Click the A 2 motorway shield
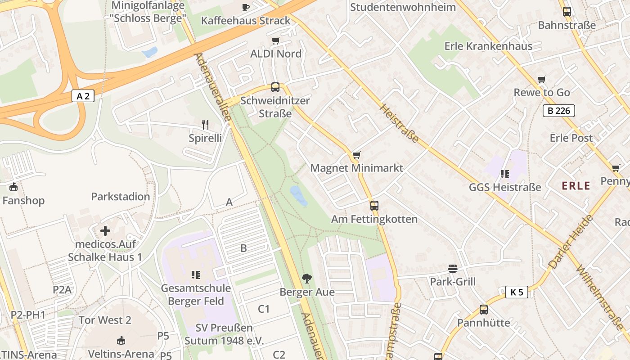pos(83,96)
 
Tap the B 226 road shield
pos(559,111)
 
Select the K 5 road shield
pos(517,292)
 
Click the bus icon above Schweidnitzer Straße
pos(275,87)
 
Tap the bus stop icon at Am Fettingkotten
pos(374,206)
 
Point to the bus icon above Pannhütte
pos(484,310)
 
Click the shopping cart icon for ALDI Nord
pos(276,41)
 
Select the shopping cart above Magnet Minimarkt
pos(357,155)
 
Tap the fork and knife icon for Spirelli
pos(205,125)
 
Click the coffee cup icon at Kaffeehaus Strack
pos(245,7)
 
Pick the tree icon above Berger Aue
pos(307,279)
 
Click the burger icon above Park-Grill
pos(453,269)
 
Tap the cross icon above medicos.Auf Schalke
pos(105,231)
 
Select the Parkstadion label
pos(121,197)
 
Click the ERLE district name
pos(576,186)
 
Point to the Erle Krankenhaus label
pos(488,46)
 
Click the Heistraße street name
pos(399,123)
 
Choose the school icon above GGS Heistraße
pos(504,174)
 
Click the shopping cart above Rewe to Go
pos(542,80)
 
